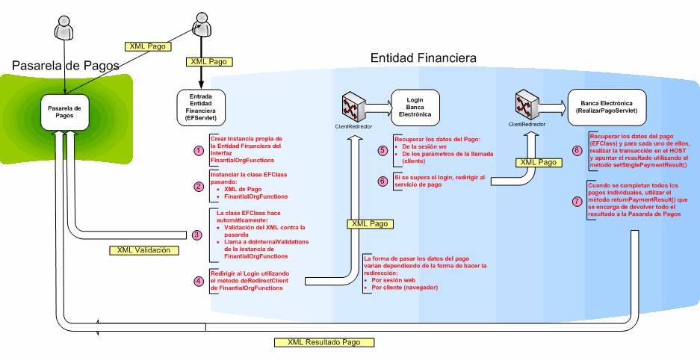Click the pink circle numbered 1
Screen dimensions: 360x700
198,150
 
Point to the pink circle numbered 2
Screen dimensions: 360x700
198,187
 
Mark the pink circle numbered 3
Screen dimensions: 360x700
197,235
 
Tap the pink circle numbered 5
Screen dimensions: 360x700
382,150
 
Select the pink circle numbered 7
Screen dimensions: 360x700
576,201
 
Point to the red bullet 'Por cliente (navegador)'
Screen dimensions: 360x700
406,288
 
